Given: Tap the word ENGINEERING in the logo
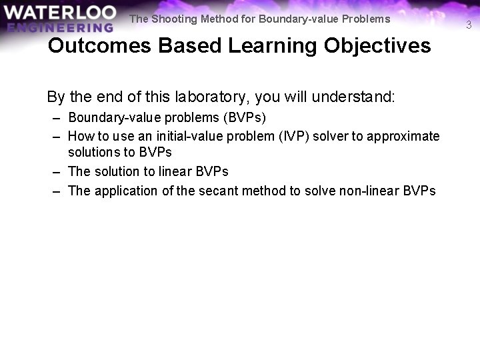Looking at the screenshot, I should coord(61,27).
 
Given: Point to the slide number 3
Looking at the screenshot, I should coord(469,25).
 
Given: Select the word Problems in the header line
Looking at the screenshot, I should coord(365,19).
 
